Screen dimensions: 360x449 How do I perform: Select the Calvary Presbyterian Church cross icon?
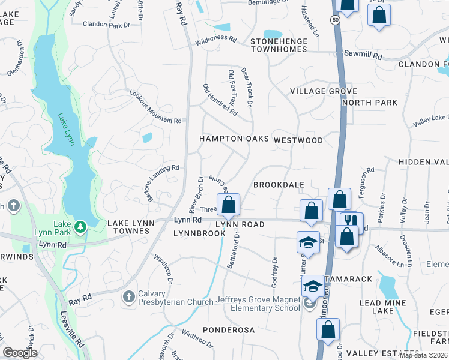pyautogui.click(x=128, y=296)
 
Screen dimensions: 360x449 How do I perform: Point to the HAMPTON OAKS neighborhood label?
pyautogui.click(x=234, y=139)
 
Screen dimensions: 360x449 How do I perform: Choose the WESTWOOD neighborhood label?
pyautogui.click(x=298, y=140)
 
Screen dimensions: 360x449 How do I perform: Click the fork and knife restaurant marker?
pyautogui.click(x=352, y=220)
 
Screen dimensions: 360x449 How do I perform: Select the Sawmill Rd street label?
pyautogui.click(x=363, y=55)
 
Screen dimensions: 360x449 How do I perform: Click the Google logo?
pyautogui.click(x=20, y=353)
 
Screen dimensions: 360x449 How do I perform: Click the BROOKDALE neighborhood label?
pyautogui.click(x=279, y=185)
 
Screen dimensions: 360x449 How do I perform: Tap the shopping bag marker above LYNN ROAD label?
pyautogui.click(x=229, y=205)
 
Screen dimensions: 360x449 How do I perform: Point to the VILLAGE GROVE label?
pyautogui.click(x=323, y=91)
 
